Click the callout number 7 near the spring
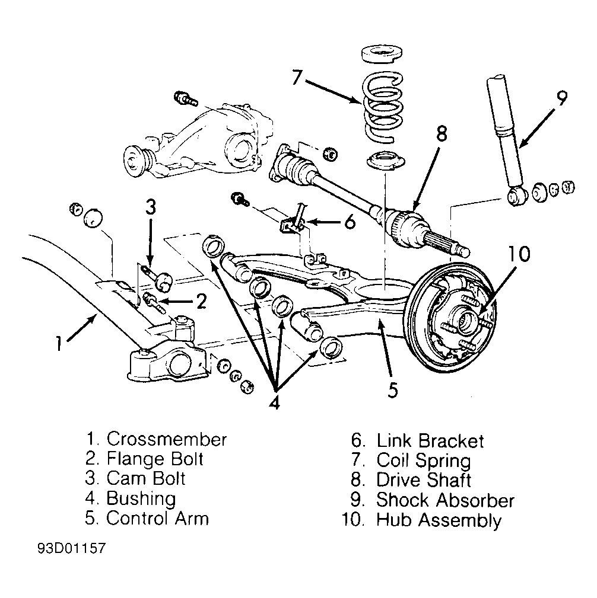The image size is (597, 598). click(297, 76)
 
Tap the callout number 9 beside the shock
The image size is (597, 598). click(561, 98)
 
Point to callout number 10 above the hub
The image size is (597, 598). click(519, 254)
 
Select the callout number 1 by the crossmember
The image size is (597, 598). click(58, 343)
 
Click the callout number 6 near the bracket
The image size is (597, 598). click(350, 222)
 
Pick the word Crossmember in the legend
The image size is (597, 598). click(167, 439)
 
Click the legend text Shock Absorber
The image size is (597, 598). click(445, 500)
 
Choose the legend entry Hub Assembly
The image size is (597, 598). click(439, 520)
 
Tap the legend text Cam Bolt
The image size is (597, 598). click(146, 478)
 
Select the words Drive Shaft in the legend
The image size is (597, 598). click(424, 480)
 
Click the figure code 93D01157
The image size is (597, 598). click(71, 548)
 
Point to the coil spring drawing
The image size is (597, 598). click(383, 107)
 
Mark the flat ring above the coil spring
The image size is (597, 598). click(382, 53)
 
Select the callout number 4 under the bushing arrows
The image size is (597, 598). click(274, 401)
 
